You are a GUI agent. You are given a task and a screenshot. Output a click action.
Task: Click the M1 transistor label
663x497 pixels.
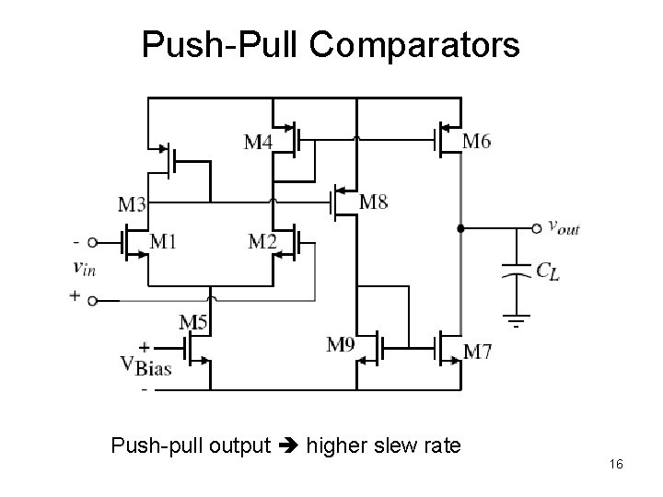(162, 242)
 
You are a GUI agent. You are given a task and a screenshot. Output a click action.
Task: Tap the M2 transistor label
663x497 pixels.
(263, 242)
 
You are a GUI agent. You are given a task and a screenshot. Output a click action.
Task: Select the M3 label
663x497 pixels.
(133, 203)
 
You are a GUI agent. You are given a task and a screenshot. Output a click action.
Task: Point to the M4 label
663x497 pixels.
(258, 142)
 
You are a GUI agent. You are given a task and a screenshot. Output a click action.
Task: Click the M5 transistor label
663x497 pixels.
(192, 322)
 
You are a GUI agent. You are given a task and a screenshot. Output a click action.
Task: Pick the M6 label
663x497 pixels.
(476, 141)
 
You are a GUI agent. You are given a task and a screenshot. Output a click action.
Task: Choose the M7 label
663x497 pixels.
(477, 351)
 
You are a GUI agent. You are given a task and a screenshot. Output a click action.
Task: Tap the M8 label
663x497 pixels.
(373, 202)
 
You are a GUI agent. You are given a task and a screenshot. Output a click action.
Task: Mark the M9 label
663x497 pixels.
(341, 345)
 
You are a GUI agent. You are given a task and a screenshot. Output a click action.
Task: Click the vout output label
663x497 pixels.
(564, 226)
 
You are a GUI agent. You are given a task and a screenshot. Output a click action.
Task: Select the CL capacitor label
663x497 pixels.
(547, 271)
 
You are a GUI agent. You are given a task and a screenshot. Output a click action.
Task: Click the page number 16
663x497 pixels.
(616, 465)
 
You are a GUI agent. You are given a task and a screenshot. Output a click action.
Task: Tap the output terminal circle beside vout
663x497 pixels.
(537, 227)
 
